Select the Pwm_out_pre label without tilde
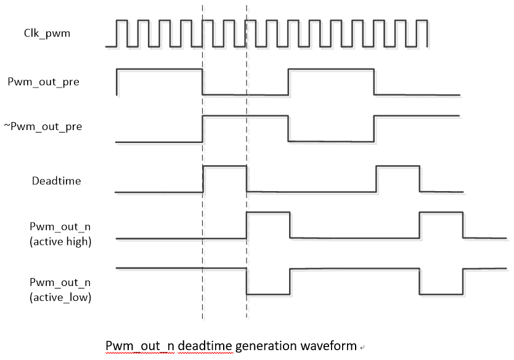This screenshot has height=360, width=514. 43,81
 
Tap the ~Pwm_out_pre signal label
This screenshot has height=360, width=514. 43,127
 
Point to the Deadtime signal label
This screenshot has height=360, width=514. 56,181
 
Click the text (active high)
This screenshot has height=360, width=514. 60,242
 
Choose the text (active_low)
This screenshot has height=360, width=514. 60,298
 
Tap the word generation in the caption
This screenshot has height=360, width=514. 266,345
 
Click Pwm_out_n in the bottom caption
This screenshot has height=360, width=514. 140,345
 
